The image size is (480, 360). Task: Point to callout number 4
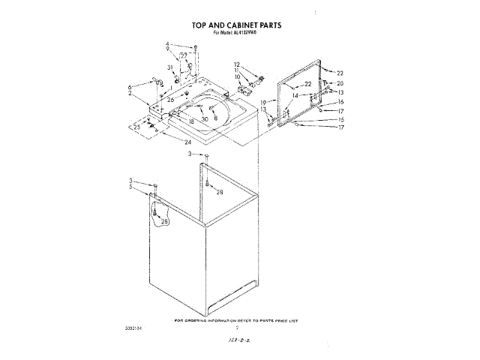(167, 44)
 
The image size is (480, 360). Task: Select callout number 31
(170, 68)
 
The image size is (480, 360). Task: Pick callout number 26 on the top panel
(171, 99)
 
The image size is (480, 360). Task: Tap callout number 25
(136, 127)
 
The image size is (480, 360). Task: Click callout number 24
(187, 142)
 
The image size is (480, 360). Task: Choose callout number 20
(340, 82)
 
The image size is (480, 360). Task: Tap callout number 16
(340, 101)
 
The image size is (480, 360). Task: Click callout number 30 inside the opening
(204, 119)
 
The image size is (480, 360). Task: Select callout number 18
(191, 121)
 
